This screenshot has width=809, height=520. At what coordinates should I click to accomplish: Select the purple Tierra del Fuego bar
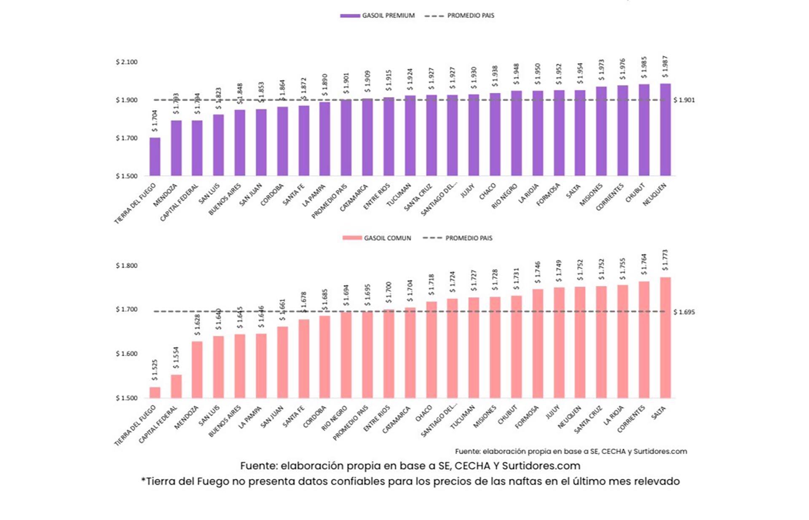155,157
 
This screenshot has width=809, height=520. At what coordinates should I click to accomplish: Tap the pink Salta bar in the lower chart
665,337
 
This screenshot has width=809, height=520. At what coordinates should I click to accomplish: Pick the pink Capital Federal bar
176,386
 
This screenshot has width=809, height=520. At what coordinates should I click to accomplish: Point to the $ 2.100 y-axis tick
126,62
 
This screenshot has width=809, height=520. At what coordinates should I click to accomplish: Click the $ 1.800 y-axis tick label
126,266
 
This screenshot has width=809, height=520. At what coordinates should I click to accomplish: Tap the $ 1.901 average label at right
684,100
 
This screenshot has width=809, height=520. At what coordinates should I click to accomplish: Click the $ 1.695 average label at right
684,312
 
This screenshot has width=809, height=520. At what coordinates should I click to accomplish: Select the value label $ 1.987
665,67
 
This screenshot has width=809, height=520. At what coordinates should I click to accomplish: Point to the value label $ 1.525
155,370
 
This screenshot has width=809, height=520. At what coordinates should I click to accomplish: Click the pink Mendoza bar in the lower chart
197,369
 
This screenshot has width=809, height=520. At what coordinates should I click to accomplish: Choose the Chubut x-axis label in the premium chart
635,193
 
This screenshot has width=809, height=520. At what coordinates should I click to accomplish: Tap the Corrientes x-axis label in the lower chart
631,419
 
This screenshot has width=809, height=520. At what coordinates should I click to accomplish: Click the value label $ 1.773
665,260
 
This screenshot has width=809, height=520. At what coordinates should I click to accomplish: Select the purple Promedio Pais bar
346,137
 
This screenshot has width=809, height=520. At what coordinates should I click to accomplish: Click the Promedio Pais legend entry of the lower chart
469,238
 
